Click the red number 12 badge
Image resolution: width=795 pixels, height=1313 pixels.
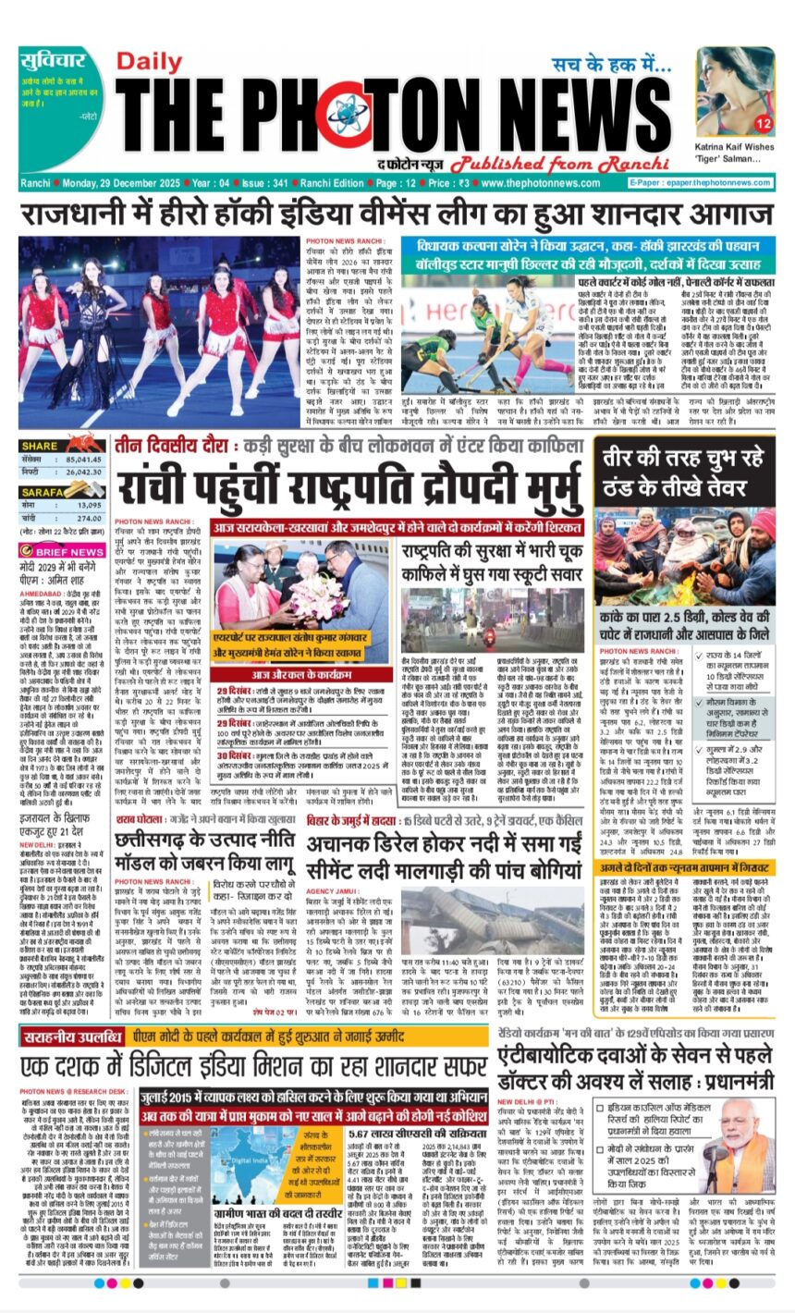pyautogui.click(x=763, y=123)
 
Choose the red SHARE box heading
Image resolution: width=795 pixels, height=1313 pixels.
pyautogui.click(x=40, y=446)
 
